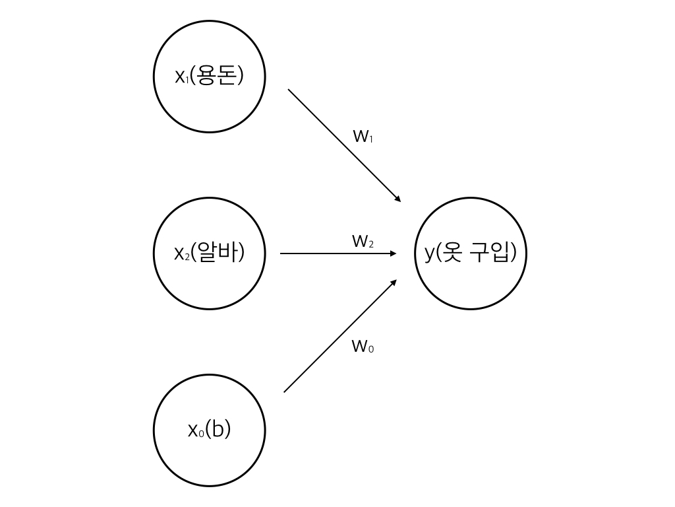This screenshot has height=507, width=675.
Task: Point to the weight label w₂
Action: [x=363, y=242]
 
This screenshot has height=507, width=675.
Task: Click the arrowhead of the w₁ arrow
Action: [x=397, y=199]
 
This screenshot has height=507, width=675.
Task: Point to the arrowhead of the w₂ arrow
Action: [x=394, y=253]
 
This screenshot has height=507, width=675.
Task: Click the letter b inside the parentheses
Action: [x=218, y=430]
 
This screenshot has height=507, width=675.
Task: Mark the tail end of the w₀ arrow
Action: [x=285, y=391]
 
